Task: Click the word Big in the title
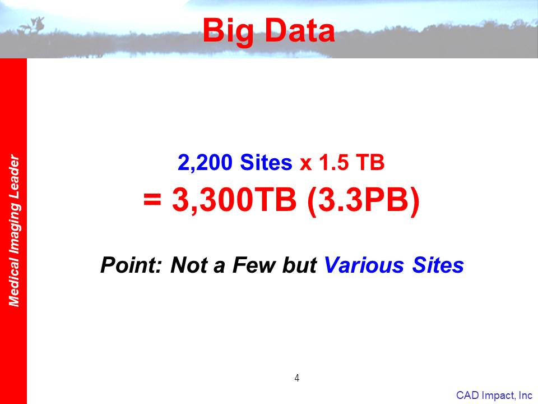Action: click(x=228, y=31)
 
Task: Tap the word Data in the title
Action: click(x=300, y=30)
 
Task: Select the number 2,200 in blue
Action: click(x=205, y=163)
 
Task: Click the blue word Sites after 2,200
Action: click(x=266, y=162)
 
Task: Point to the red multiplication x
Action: click(x=305, y=164)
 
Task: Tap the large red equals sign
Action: click(x=152, y=199)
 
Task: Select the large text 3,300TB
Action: click(x=234, y=200)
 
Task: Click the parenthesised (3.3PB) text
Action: click(x=364, y=201)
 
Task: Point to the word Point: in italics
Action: click(x=131, y=265)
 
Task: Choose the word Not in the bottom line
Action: click(x=189, y=265)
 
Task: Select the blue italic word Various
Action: click(x=364, y=265)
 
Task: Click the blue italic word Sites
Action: click(x=438, y=265)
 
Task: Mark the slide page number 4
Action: click(x=297, y=378)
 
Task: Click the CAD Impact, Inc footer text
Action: click(x=494, y=396)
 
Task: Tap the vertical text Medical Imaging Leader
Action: click(x=14, y=230)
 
